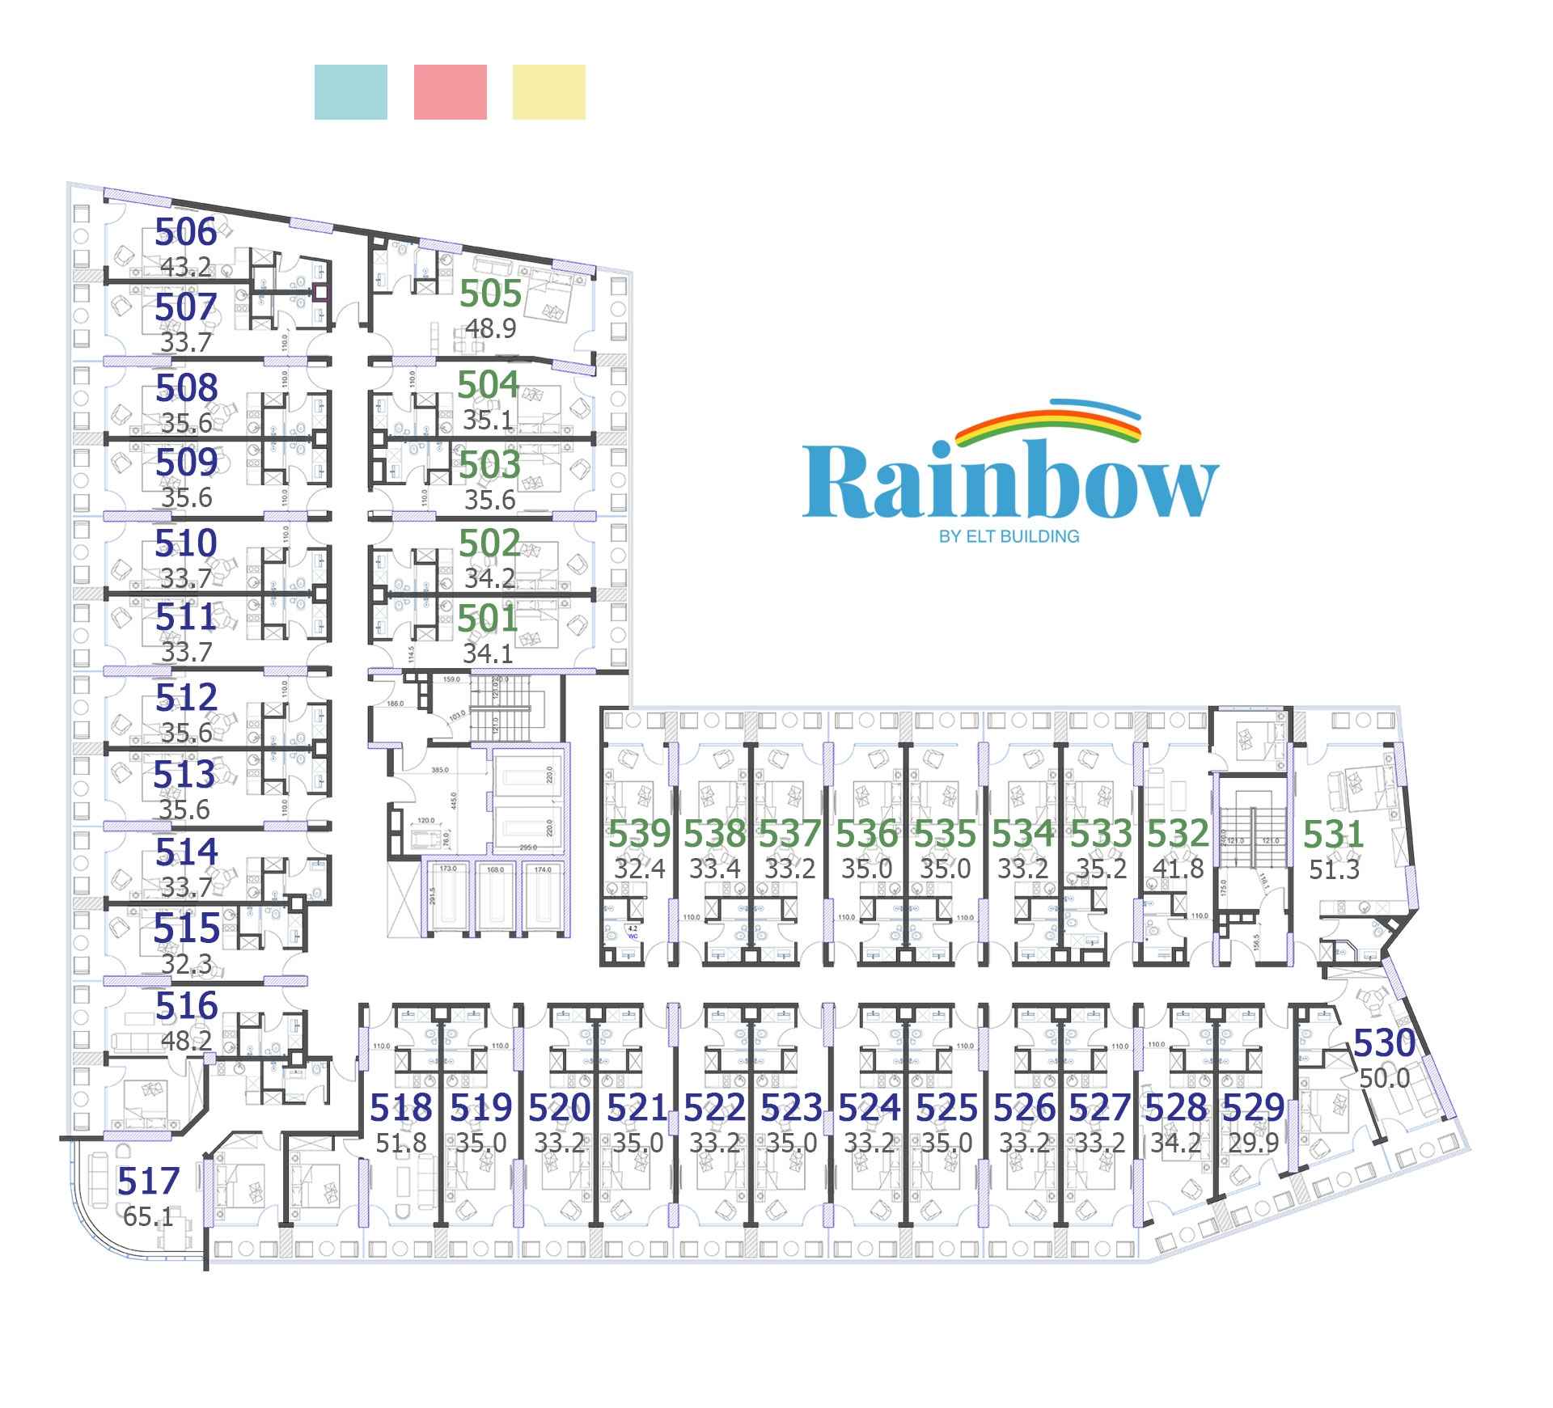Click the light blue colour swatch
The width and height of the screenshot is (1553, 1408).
[x=350, y=92]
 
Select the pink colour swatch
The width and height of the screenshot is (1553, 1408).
[x=450, y=92]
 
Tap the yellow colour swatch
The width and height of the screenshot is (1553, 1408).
[x=548, y=92]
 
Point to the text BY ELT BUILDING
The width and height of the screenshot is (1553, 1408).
[x=1009, y=536]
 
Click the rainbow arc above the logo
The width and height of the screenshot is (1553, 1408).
[x=1047, y=425]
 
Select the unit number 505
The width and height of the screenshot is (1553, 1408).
[x=490, y=294]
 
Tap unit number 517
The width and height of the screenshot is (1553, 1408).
[x=148, y=1182]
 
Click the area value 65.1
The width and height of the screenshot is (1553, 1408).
[x=148, y=1216]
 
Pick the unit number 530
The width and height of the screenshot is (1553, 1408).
[x=1385, y=1043]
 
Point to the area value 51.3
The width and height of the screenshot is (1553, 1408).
[x=1335, y=869]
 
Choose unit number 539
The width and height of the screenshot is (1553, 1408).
[x=640, y=835]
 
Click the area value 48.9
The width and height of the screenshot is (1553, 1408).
[x=490, y=328]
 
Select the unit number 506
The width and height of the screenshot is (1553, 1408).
[x=186, y=233]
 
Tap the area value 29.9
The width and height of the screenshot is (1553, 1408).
[x=1253, y=1143]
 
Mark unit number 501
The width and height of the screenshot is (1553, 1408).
[x=488, y=619]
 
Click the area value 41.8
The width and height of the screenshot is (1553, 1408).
[x=1178, y=869]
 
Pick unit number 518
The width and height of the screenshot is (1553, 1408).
[x=401, y=1108]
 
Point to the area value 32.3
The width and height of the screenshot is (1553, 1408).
[x=186, y=964]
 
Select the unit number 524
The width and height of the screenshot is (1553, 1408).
[x=869, y=1108]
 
